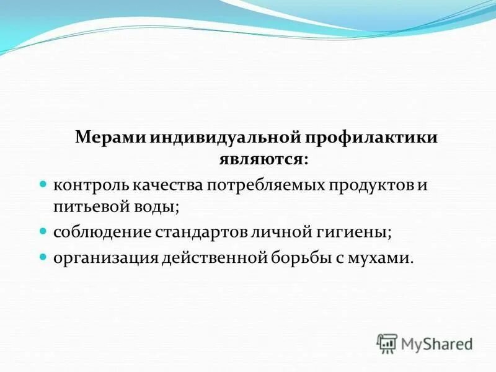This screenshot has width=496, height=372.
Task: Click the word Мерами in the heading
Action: (x=110, y=138)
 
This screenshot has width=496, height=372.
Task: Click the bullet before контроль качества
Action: (x=44, y=184)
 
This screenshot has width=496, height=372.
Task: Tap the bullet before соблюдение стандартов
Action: (x=44, y=231)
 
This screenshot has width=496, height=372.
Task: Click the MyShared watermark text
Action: (x=436, y=343)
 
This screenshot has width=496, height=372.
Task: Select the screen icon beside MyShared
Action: (x=387, y=343)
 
